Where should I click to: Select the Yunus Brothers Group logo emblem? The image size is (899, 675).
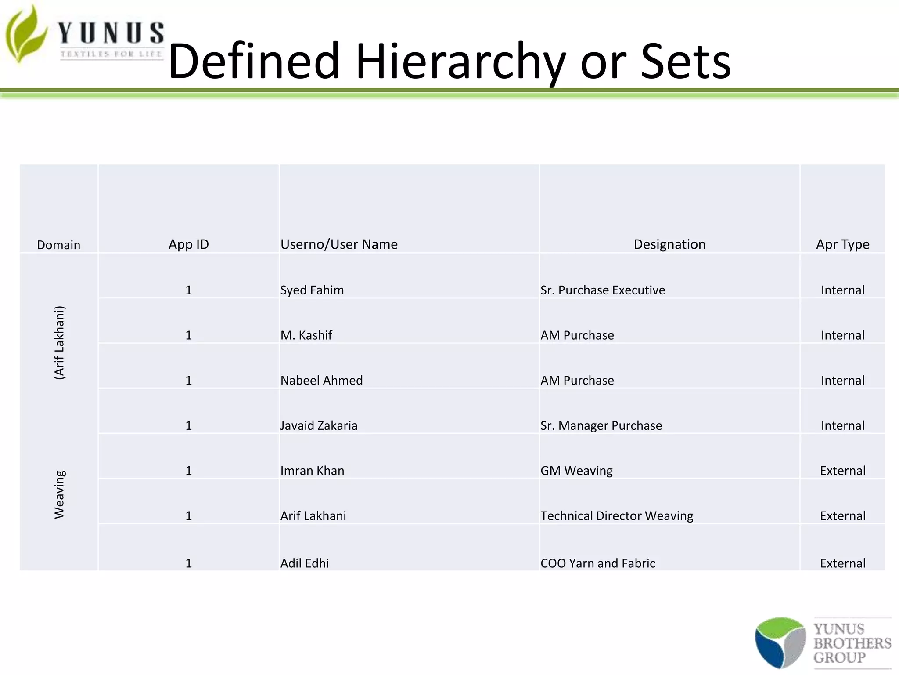coord(780,642)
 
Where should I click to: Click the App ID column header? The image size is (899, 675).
coord(188,244)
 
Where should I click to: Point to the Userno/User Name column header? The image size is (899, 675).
coord(339,244)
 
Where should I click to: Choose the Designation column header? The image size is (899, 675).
coord(669,244)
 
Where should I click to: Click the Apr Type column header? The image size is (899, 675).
coord(842,244)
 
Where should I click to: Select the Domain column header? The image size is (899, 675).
coord(58,245)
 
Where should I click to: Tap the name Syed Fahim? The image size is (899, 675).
coord(312,290)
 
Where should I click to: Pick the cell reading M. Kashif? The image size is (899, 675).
coord(306,335)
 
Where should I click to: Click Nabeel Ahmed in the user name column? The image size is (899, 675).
coord(321,381)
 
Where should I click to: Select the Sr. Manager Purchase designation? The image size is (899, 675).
coord(601,425)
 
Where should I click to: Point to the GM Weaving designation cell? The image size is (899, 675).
coord(576,471)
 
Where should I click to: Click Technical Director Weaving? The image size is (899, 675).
coord(616,516)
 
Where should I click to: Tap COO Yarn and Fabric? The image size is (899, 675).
coord(597,563)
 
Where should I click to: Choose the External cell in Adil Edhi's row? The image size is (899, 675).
coord(842,563)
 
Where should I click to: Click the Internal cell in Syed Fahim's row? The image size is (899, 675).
coord(842,290)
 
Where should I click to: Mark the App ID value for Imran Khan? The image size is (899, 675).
coord(188,471)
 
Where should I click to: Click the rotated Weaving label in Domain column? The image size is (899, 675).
coord(59,494)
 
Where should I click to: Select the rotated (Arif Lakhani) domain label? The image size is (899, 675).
coord(59,343)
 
